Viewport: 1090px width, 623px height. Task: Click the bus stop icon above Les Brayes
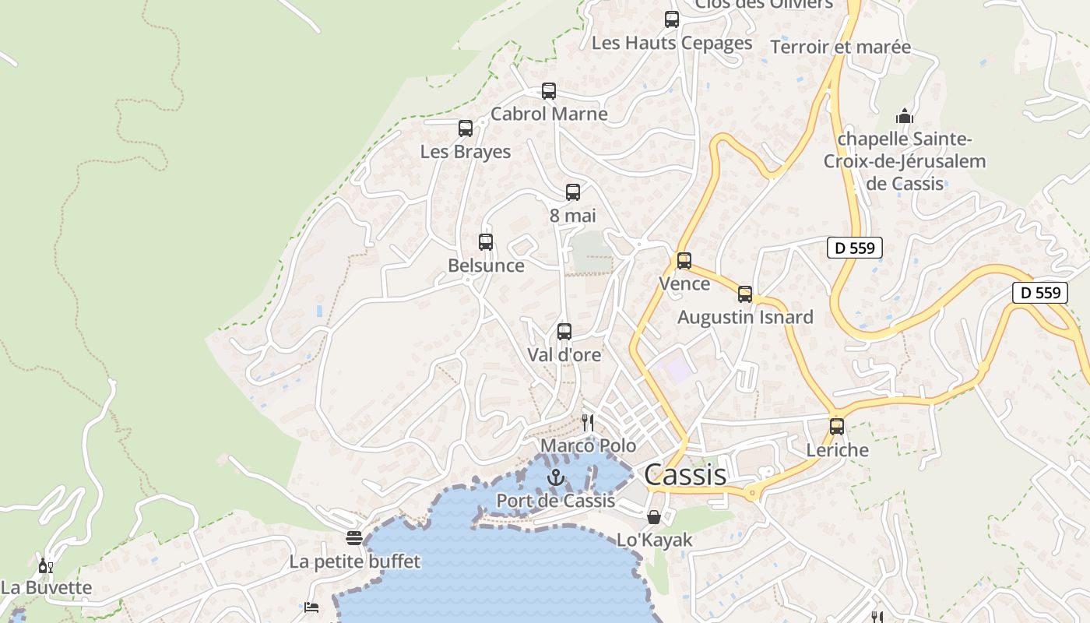466,128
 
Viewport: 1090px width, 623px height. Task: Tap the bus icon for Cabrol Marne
549,91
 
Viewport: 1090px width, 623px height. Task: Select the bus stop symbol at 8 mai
573,192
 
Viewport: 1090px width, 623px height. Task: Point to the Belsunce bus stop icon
486,242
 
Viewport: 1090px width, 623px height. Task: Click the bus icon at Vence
684,261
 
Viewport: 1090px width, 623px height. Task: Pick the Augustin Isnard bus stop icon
745,294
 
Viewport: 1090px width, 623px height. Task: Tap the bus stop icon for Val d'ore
564,332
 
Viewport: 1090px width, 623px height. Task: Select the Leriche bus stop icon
837,427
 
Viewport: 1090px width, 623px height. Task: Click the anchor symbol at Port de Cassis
555,477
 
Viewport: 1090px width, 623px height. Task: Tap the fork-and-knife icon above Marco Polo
588,423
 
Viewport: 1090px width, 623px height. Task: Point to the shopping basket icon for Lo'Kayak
654,517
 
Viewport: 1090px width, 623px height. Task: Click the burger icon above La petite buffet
354,538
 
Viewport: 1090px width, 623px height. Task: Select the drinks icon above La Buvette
46,565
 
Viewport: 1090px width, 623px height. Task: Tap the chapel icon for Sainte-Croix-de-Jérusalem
904,117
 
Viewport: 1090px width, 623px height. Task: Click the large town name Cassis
685,474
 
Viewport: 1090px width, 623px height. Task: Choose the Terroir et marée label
840,47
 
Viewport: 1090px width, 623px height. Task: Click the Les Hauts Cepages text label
672,43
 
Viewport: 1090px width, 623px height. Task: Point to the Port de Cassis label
555,501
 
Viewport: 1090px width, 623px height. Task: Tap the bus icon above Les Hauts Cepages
672,19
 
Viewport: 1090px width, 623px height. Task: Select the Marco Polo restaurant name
588,446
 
